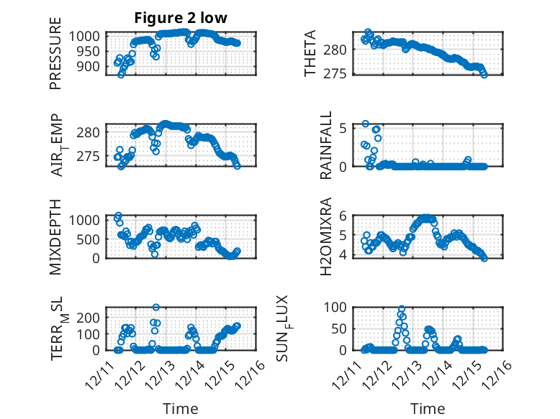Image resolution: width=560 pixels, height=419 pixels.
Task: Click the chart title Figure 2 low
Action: (x=181, y=19)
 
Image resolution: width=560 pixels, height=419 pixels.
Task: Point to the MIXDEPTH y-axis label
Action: (x=55, y=236)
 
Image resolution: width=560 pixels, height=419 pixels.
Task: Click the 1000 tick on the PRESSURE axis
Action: (x=89, y=36)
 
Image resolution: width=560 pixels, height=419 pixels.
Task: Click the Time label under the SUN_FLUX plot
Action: (x=428, y=408)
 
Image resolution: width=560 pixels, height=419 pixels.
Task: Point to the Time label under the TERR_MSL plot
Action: (x=181, y=408)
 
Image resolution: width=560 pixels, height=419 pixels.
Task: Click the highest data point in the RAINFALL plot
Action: (x=366, y=124)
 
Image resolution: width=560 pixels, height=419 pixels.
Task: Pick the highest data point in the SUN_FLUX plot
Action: (x=401, y=309)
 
